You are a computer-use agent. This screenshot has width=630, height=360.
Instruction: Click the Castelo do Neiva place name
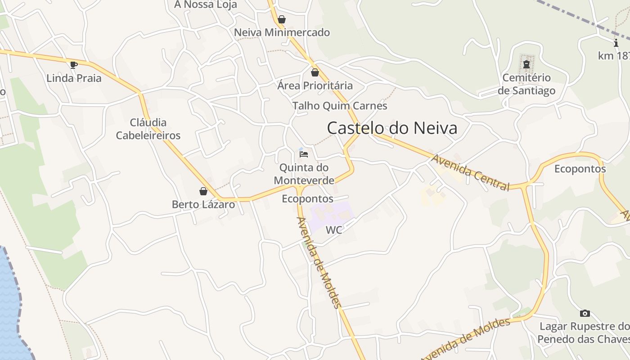[x=392, y=128]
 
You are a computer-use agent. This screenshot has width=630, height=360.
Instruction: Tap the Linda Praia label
[x=74, y=78]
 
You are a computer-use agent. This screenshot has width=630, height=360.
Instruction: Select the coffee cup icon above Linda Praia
[x=74, y=65]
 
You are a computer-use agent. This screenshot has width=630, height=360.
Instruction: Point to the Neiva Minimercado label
[x=282, y=32]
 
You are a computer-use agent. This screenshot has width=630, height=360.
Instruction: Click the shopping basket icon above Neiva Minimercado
[x=282, y=19]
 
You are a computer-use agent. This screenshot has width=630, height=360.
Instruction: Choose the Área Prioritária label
[x=315, y=85]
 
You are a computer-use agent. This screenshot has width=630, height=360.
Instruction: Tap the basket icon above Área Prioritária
[x=315, y=72]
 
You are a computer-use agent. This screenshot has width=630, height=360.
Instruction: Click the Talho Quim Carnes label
[x=340, y=106]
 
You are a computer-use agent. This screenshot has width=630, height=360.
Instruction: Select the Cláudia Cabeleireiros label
[x=148, y=129]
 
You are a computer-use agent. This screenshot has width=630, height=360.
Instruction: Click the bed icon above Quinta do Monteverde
[x=304, y=154]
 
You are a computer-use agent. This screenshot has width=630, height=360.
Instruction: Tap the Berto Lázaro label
[x=203, y=204]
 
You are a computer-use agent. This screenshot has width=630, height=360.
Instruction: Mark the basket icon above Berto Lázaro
[x=203, y=191]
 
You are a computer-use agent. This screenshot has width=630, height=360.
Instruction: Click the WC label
[x=334, y=230]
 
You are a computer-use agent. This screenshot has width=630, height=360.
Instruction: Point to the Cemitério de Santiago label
[x=526, y=84]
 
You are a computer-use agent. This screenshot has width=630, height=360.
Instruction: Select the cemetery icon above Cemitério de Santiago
[x=526, y=65]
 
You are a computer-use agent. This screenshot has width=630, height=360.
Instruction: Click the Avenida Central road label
[x=471, y=172]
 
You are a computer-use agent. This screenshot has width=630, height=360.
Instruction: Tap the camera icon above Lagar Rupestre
[x=585, y=313]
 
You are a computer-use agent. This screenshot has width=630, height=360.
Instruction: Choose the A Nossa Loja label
[x=206, y=5]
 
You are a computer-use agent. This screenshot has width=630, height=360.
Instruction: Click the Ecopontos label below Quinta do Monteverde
[x=308, y=199]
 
